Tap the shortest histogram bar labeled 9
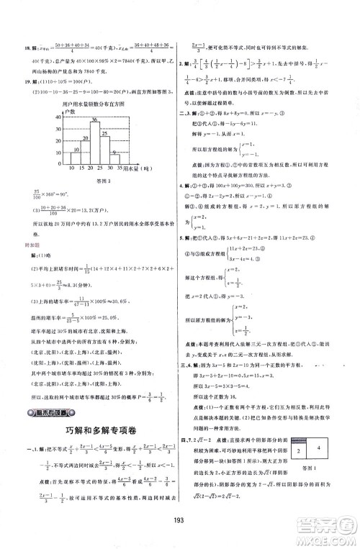114,159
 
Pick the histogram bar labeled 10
74,158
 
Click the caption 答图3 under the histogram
93,183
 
